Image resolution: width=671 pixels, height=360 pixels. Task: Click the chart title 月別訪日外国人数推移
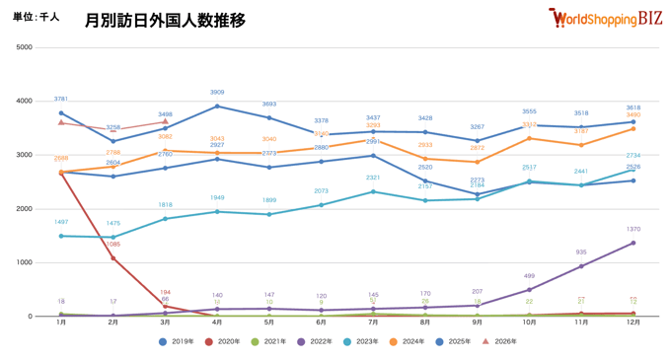tap(165, 20)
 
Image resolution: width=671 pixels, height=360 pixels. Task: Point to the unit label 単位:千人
tap(37, 18)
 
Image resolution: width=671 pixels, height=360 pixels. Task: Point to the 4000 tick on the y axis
tap(24, 101)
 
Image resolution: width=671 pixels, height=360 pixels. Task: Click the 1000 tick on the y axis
tap(24, 262)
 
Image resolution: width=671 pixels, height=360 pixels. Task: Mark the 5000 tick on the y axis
tap(24, 47)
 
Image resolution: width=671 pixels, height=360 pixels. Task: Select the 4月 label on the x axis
tap(217, 323)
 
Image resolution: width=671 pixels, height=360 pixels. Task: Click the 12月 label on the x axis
tap(633, 323)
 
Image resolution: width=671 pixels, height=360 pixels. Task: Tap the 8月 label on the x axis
tap(425, 323)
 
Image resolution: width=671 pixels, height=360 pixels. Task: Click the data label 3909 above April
tap(217, 93)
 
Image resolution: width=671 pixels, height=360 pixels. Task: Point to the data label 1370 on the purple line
tap(633, 229)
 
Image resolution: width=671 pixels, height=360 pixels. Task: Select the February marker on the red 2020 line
tap(113, 258)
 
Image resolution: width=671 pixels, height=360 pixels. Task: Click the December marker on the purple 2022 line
tap(633, 243)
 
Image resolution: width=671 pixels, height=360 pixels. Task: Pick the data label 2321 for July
tap(373, 178)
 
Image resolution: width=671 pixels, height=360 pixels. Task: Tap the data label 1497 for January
tap(61, 222)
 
